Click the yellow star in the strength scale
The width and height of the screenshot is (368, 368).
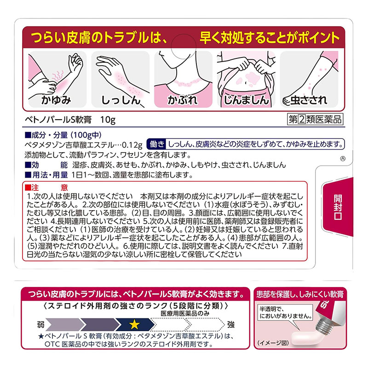tap(135, 325)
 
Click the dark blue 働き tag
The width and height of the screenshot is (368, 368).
tap(156, 144)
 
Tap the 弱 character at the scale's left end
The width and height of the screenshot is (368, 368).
tap(40, 325)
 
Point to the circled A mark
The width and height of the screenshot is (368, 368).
tap(341, 159)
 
